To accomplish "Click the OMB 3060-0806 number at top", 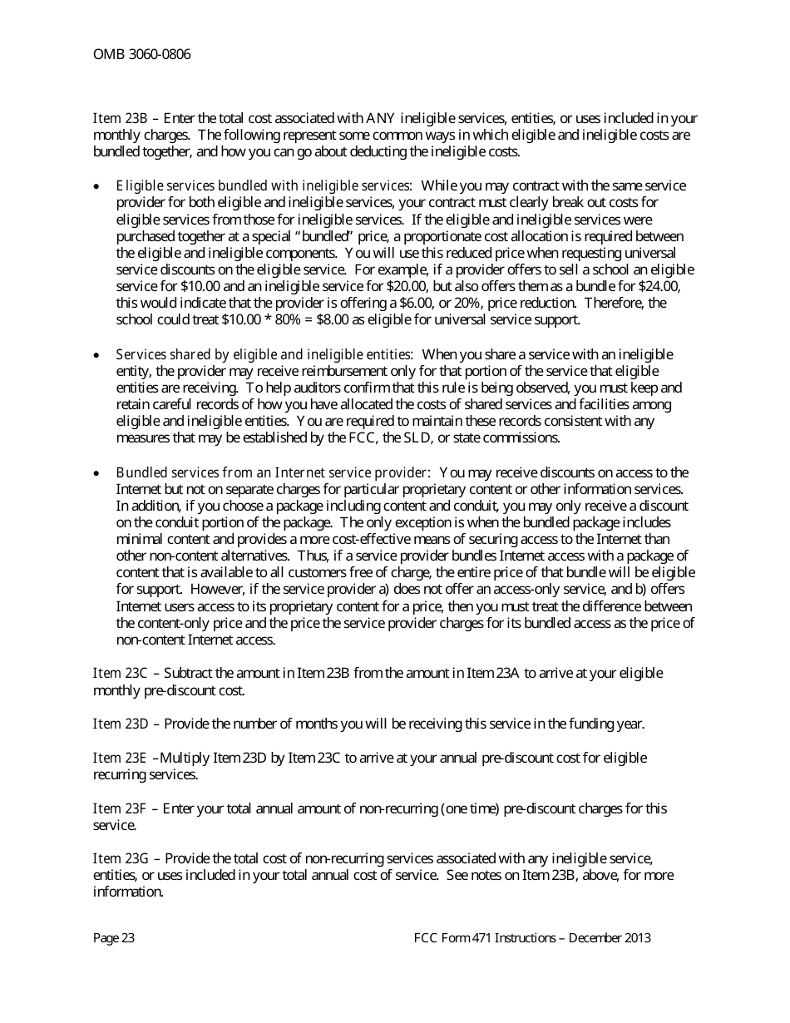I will (141, 55).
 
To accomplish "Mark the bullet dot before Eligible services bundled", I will (97, 186).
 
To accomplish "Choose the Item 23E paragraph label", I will (120, 759).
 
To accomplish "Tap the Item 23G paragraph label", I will (121, 858).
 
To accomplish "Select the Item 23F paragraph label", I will (120, 808).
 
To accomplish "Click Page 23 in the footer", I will (114, 938).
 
